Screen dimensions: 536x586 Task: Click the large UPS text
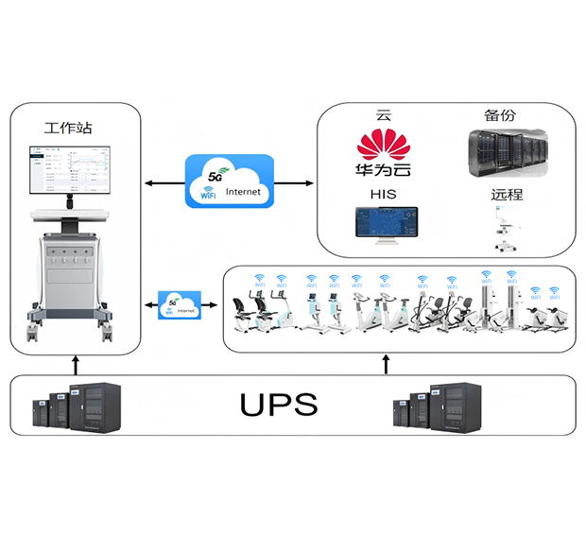(278, 405)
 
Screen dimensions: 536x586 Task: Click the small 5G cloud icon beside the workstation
(180, 304)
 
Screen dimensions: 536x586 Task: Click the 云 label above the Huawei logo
(383, 116)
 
